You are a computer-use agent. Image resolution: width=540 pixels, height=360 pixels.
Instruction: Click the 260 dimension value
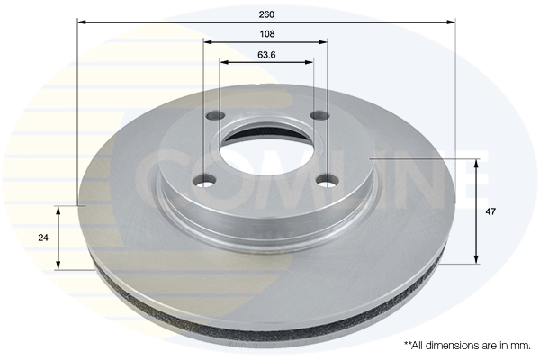[x=266, y=14]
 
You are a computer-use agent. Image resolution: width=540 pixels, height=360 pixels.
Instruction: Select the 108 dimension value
[x=267, y=34]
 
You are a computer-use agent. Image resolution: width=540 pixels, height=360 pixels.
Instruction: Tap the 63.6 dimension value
[x=266, y=55]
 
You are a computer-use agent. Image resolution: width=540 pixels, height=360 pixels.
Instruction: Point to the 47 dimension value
[x=490, y=211]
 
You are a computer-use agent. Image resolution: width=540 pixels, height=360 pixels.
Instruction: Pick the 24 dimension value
[x=43, y=238]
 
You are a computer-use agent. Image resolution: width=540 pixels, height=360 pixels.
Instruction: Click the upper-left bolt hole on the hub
[x=216, y=115]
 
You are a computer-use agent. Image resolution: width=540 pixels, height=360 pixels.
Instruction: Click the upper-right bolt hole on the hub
[x=319, y=115]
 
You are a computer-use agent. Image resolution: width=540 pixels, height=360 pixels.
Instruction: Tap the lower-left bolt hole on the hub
[x=204, y=180]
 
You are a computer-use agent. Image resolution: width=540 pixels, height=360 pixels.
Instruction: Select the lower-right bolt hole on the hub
[x=328, y=180]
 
